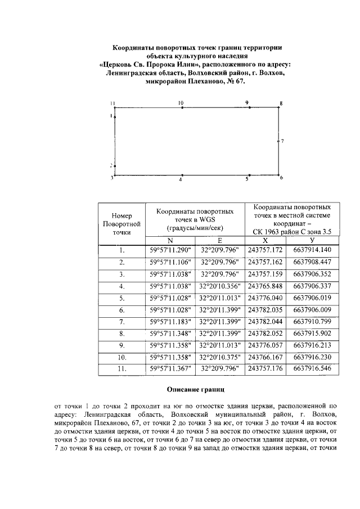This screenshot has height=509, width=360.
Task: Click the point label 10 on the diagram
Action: pos(181,103)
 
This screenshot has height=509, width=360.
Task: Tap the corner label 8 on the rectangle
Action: pos(281,103)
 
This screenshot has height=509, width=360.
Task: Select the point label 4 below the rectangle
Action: pos(181,179)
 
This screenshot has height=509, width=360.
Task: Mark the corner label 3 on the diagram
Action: pos(112,178)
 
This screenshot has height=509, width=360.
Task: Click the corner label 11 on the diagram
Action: pos(112,103)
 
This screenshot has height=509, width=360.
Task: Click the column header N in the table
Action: pos(170,240)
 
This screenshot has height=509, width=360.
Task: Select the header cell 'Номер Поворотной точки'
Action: pos(121,223)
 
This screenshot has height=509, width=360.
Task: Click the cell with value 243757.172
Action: pos(265,250)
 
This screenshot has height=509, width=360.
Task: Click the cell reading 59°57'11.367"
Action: pos(170,369)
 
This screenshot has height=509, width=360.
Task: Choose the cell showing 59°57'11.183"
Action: pos(170,322)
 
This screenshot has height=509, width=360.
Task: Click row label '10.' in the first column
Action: pos(121,357)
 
